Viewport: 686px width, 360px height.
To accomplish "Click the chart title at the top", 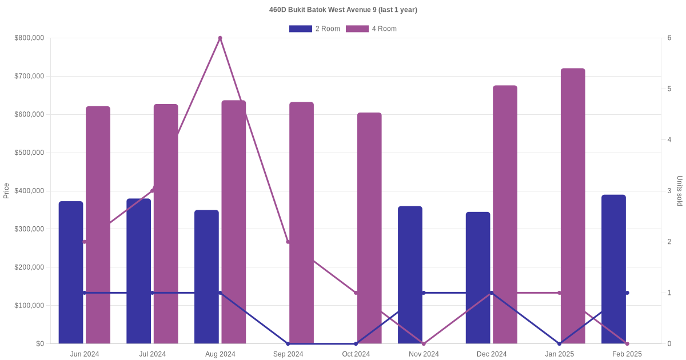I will (343, 10).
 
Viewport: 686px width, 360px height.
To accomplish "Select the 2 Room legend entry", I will (314, 29).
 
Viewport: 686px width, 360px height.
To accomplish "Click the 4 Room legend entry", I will (371, 29).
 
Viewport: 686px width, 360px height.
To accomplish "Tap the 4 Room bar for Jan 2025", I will (573, 206).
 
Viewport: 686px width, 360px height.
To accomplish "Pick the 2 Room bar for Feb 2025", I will (613, 269).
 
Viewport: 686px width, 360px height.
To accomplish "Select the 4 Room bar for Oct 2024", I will (369, 229).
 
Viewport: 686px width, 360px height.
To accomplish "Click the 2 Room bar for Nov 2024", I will (410, 274).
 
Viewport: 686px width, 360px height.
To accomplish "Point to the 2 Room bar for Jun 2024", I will (71, 272).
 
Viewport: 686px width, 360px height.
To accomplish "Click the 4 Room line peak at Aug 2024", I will (220, 38).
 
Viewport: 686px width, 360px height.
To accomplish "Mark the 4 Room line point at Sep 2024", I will (288, 242).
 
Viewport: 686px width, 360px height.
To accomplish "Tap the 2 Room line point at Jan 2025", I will (559, 343).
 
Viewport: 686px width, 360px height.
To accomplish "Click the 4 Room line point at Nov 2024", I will (424, 343).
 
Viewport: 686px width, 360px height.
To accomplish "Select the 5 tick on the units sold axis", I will (669, 89).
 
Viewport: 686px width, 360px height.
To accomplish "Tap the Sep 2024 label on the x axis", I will (288, 354).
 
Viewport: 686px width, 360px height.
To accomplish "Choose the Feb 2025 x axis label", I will (627, 354).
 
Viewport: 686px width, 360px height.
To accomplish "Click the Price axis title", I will (6, 191).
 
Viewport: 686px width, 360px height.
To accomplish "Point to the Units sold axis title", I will (680, 191).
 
